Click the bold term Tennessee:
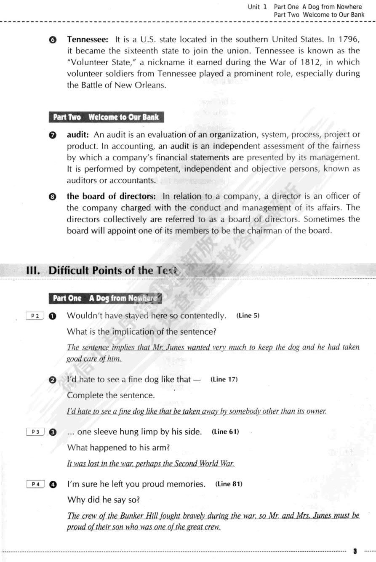[x=88, y=40]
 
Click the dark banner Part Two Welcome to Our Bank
[x=106, y=117]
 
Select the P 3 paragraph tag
[x=35, y=432]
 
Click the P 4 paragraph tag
[x=35, y=484]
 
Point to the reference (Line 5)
[x=248, y=316]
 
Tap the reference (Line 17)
[x=224, y=379]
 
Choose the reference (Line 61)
[x=225, y=432]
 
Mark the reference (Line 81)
[x=229, y=484]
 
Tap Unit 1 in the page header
[x=257, y=7]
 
